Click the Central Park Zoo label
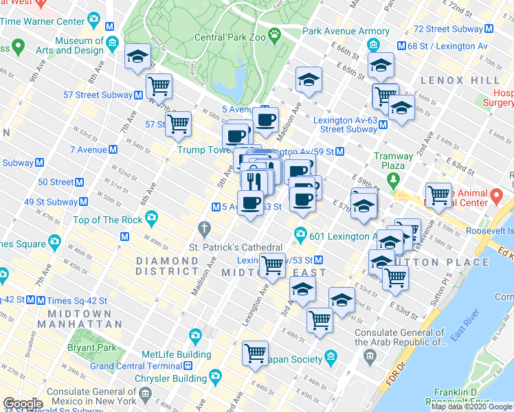(x=230, y=38)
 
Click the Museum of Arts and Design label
(x=79, y=45)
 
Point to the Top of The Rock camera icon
(x=151, y=220)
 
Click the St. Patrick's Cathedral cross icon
(x=203, y=227)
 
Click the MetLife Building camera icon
(x=195, y=336)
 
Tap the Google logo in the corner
(x=23, y=404)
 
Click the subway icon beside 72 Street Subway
(x=489, y=29)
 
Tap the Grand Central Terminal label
(x=140, y=366)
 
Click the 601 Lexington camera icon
(x=300, y=235)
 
